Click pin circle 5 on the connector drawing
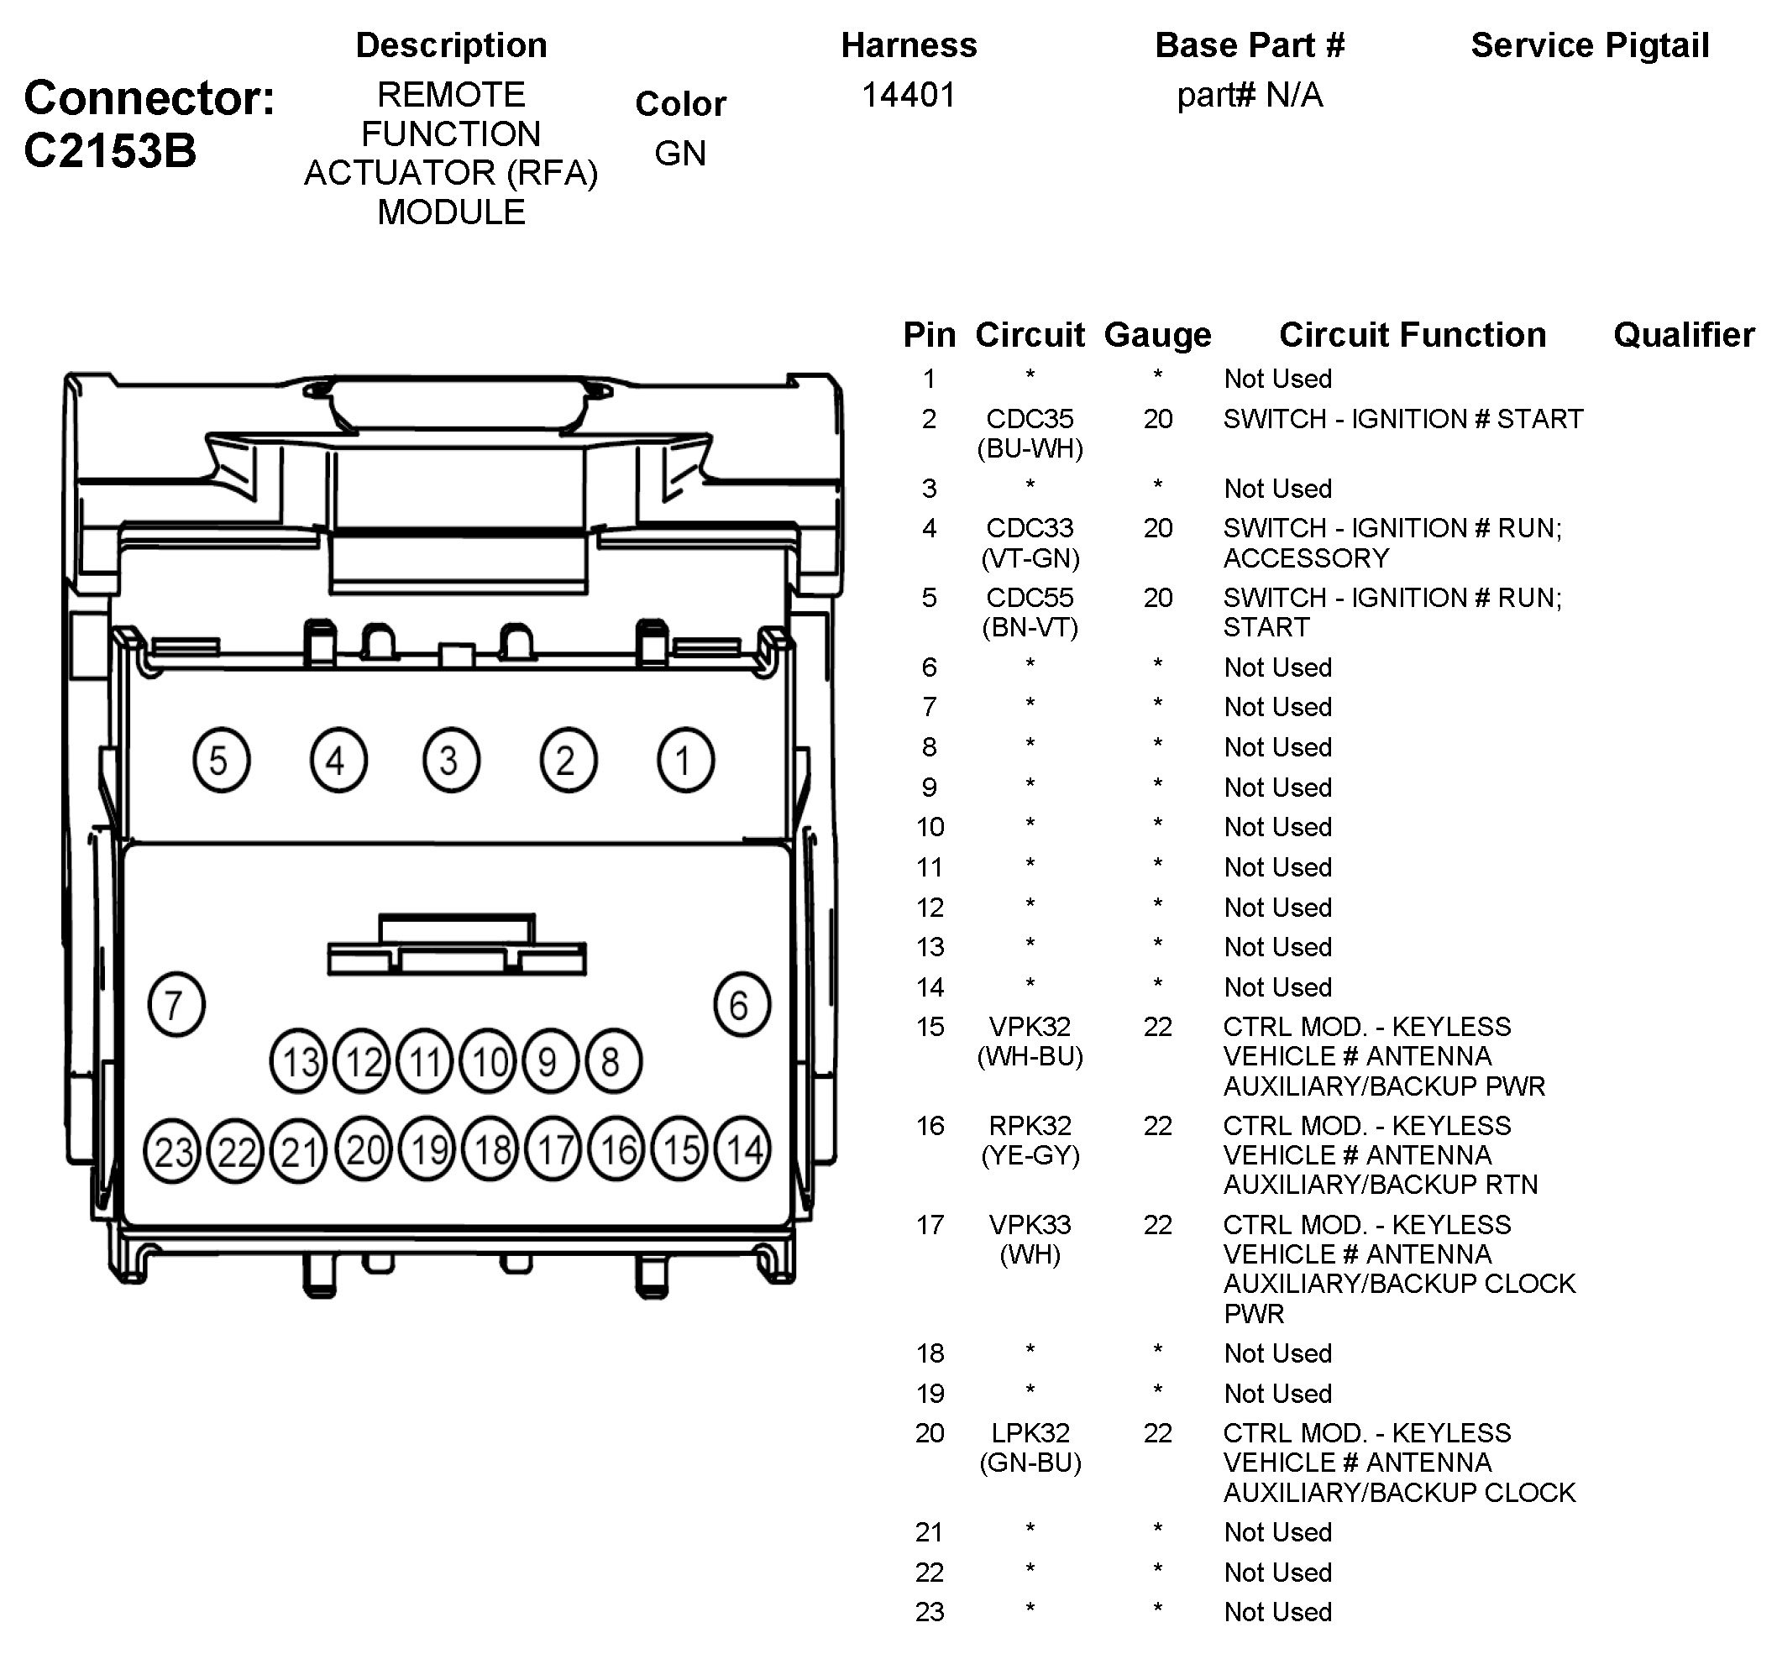pyautogui.click(x=221, y=760)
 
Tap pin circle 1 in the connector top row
pyautogui.click(x=685, y=760)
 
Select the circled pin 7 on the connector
pyautogui.click(x=176, y=1004)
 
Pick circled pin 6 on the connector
pyautogui.click(x=741, y=1004)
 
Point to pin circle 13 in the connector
pyautogui.click(x=299, y=1062)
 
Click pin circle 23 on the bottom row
pyautogui.click(x=172, y=1151)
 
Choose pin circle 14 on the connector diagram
pyautogui.click(x=744, y=1149)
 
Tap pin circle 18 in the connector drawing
pyautogui.click(x=490, y=1149)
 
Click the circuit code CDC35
pyautogui.click(x=1030, y=418)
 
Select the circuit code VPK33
pyautogui.click(x=1030, y=1225)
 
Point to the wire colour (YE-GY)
pyautogui.click(x=1030, y=1155)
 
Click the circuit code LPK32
pyautogui.click(x=1030, y=1433)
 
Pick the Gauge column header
pyautogui.click(x=1157, y=334)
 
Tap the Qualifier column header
pyautogui.click(x=1684, y=334)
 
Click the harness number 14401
pyautogui.click(x=908, y=95)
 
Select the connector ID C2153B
pyautogui.click(x=110, y=150)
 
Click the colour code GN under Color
pyautogui.click(x=680, y=153)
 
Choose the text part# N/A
pyautogui.click(x=1250, y=95)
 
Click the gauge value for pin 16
pyautogui.click(x=1157, y=1125)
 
